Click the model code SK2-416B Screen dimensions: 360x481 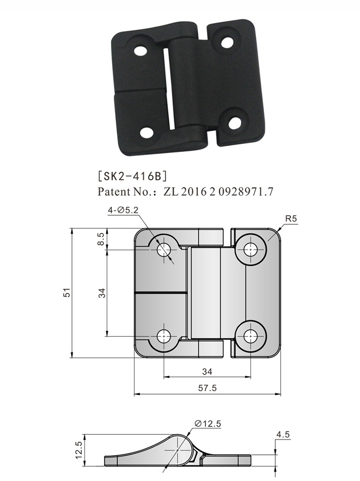tap(132, 176)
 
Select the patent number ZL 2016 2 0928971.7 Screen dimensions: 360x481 tap(218, 192)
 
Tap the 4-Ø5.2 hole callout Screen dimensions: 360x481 tap(123, 210)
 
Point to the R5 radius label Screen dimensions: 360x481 tap(291, 219)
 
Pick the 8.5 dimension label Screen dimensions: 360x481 tap(101, 238)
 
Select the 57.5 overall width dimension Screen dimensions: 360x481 tap(207, 388)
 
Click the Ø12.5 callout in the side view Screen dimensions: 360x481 tap(208, 423)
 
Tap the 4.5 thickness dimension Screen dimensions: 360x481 tap(283, 434)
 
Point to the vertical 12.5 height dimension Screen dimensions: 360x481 tap(78, 450)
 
